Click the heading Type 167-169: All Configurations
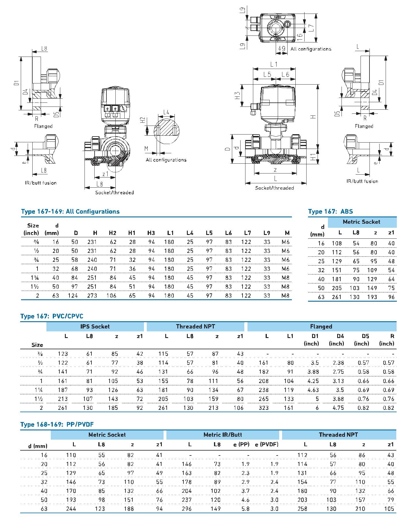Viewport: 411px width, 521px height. (70, 212)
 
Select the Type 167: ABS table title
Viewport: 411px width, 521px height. (330, 212)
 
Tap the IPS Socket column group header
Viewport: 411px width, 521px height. (95, 326)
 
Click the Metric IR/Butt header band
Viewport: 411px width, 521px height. (223, 435)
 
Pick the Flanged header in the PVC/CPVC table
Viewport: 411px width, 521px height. (321, 326)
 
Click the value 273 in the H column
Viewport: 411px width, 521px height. (92, 296)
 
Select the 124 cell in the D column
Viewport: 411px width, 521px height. (73, 296)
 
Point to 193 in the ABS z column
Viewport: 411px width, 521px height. (372, 297)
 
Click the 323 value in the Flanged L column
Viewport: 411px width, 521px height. (264, 408)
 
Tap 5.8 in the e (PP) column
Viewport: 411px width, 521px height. (245, 509)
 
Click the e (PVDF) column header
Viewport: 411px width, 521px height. (267, 445)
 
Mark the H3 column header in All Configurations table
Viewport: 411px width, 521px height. (151, 233)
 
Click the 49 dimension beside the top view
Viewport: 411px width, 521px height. (281, 48)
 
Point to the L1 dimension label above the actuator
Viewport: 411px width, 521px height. (274, 64)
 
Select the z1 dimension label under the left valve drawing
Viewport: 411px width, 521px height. (105, 174)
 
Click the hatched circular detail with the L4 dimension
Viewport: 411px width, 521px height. (167, 131)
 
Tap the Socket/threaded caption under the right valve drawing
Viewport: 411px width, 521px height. (274, 188)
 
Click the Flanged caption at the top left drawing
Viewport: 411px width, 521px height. (43, 126)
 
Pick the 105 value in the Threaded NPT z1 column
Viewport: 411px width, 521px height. (389, 509)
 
